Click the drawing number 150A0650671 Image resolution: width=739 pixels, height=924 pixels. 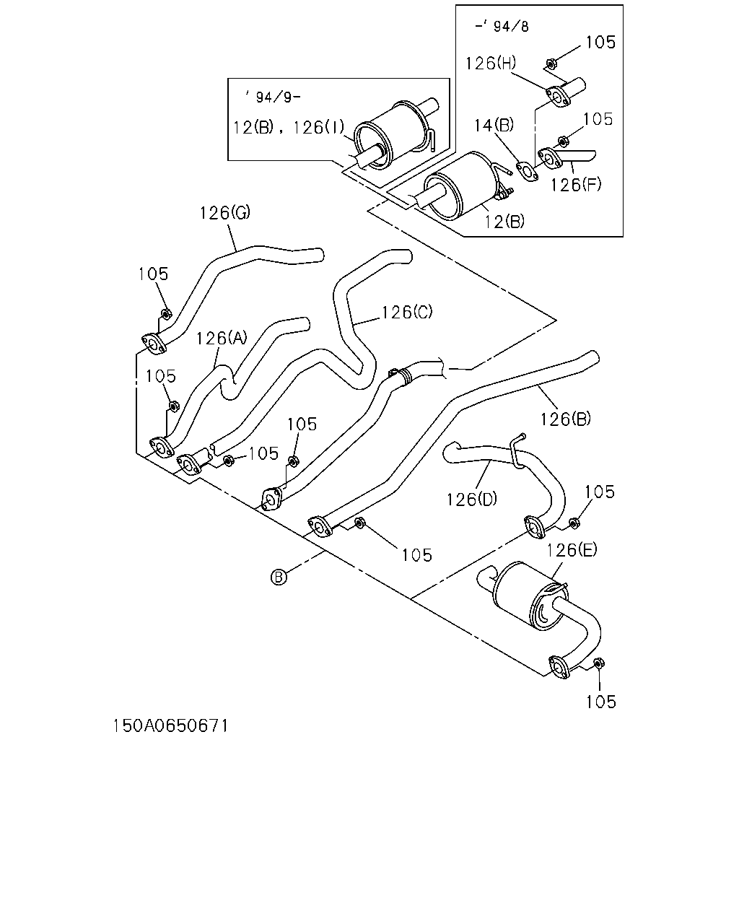tap(170, 726)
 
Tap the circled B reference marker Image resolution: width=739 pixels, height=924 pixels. tap(279, 577)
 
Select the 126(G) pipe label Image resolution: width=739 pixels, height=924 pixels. tap(224, 212)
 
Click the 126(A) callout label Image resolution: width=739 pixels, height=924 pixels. tap(222, 339)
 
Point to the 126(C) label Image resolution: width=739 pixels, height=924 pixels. tap(407, 312)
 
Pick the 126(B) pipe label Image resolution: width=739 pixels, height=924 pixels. tap(565, 419)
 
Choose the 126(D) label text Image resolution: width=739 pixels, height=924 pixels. tap(471, 499)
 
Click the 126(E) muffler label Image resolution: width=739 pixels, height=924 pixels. tap(572, 549)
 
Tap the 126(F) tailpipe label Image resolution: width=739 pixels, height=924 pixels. tap(576, 185)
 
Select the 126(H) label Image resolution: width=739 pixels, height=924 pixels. tap(491, 63)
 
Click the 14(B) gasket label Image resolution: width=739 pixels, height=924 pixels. tap(494, 125)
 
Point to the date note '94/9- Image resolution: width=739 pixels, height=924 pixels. tap(273, 97)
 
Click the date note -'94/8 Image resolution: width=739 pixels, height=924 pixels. tap(502, 26)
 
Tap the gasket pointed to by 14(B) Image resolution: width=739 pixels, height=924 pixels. tap(526, 172)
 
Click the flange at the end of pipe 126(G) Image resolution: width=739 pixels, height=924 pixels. tap(154, 344)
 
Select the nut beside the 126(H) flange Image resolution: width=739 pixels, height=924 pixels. tap(551, 64)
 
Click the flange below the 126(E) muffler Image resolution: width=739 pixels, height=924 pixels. tap(560, 668)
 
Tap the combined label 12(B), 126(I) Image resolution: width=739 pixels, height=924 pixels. tap(289, 128)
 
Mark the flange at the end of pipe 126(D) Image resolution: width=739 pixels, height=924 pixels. tap(535, 527)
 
